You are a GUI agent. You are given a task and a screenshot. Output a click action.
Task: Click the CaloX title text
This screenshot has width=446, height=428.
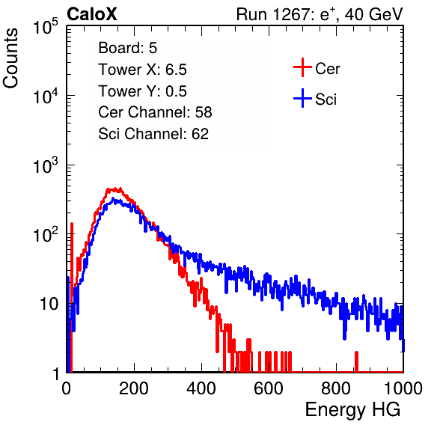coord(91,14)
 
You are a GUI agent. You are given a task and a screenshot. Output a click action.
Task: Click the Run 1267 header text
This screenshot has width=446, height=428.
coord(320,14)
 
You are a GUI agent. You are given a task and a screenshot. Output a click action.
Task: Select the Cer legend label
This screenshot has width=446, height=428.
coord(327,69)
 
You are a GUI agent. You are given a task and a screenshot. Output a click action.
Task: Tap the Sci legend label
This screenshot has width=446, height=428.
coord(326,100)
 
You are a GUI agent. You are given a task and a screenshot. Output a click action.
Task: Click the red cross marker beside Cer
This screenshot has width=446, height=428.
coord(302,67)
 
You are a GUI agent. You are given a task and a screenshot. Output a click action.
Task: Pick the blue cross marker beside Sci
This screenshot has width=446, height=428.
coord(302,98)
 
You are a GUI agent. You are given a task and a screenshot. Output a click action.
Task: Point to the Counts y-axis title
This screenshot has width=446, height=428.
coord(10,58)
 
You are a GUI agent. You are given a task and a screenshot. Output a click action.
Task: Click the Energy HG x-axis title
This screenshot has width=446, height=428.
coord(352,410)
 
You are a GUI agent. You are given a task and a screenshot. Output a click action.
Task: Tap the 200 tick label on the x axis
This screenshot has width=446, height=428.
coord(134,388)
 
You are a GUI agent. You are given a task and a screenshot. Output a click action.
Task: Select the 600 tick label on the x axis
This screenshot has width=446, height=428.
coord(269,388)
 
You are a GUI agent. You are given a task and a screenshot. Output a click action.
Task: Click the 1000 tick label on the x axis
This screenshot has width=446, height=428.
coord(403,388)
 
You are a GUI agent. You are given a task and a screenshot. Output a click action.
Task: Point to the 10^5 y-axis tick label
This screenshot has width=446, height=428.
coord(46,27)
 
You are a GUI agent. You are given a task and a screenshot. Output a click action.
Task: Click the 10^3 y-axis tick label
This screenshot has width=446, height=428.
coord(46,165)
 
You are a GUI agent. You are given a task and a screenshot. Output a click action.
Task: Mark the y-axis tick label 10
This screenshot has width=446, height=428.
coord(49,304)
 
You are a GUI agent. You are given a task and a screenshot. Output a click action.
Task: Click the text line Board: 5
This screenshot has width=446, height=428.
coord(127,48)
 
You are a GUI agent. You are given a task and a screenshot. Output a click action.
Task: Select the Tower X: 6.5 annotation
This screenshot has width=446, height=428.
coord(142,70)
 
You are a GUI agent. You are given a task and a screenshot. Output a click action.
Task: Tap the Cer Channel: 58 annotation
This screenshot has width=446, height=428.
coord(155,112)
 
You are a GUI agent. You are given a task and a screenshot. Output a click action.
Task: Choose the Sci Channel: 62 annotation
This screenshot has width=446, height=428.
coord(153,134)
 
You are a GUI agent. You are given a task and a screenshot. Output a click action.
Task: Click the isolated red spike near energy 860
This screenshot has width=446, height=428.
coord(356,361)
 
